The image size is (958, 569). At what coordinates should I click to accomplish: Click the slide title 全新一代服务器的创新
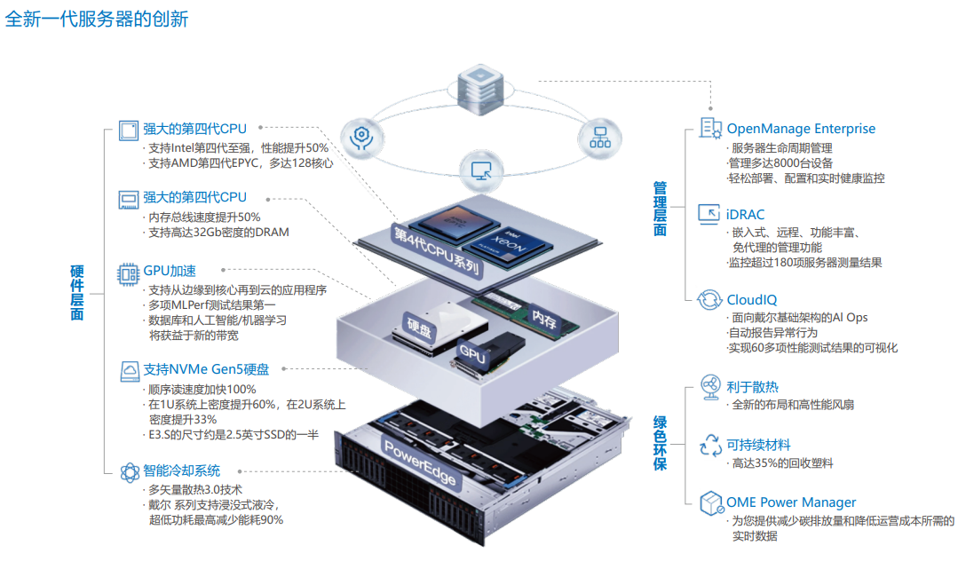coord(97,20)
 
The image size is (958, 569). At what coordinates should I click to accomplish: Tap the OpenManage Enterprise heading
coord(801,129)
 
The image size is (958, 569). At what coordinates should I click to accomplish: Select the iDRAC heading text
coord(745,214)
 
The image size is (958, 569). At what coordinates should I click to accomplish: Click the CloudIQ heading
coord(751,299)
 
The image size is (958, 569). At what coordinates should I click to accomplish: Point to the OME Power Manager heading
coord(791,502)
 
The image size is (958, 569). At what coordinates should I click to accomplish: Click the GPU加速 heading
coord(170,271)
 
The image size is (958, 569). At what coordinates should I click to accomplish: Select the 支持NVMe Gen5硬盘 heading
coord(206,369)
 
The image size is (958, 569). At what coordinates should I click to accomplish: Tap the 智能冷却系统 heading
coord(181,470)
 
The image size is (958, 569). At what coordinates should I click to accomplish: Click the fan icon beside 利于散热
coord(711,387)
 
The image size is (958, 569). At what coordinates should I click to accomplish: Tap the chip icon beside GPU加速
coord(129,272)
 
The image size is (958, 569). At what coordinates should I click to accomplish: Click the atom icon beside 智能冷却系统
coord(129,470)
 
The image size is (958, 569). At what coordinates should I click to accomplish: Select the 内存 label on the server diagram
coord(543,315)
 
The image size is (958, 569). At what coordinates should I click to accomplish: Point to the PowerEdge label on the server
coord(420,461)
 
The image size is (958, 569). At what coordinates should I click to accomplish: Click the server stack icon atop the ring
coord(480,86)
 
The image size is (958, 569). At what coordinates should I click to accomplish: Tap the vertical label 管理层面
coord(660,209)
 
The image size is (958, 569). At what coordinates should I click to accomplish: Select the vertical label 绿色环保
coord(660,442)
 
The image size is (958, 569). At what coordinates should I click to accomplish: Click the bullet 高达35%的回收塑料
coord(781,463)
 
